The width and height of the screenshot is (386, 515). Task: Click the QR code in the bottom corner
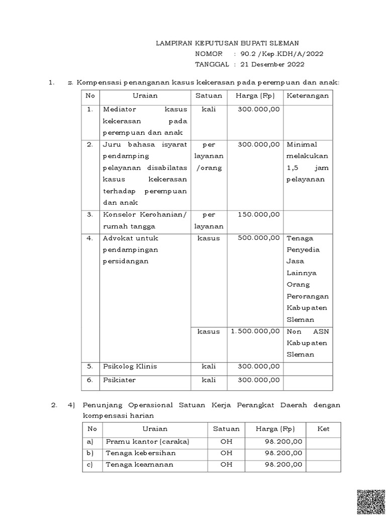click(371, 501)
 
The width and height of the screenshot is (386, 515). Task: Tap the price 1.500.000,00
click(255, 331)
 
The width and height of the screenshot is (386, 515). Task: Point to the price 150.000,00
click(259, 215)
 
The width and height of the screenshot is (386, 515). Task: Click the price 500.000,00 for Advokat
click(259, 238)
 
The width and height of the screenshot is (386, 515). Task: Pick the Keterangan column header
click(308, 96)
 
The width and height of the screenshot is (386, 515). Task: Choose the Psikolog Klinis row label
click(130, 366)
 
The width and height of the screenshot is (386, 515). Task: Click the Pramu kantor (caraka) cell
click(147, 442)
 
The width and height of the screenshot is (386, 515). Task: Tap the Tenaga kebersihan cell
click(141, 453)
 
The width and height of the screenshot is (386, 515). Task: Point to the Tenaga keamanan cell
click(139, 465)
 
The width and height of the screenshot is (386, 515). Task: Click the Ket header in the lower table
click(324, 429)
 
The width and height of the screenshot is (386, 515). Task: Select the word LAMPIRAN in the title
click(174, 43)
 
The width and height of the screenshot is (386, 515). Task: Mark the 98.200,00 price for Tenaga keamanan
click(283, 465)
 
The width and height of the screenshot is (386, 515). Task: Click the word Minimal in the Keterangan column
click(302, 145)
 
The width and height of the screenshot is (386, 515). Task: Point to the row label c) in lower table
click(91, 465)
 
